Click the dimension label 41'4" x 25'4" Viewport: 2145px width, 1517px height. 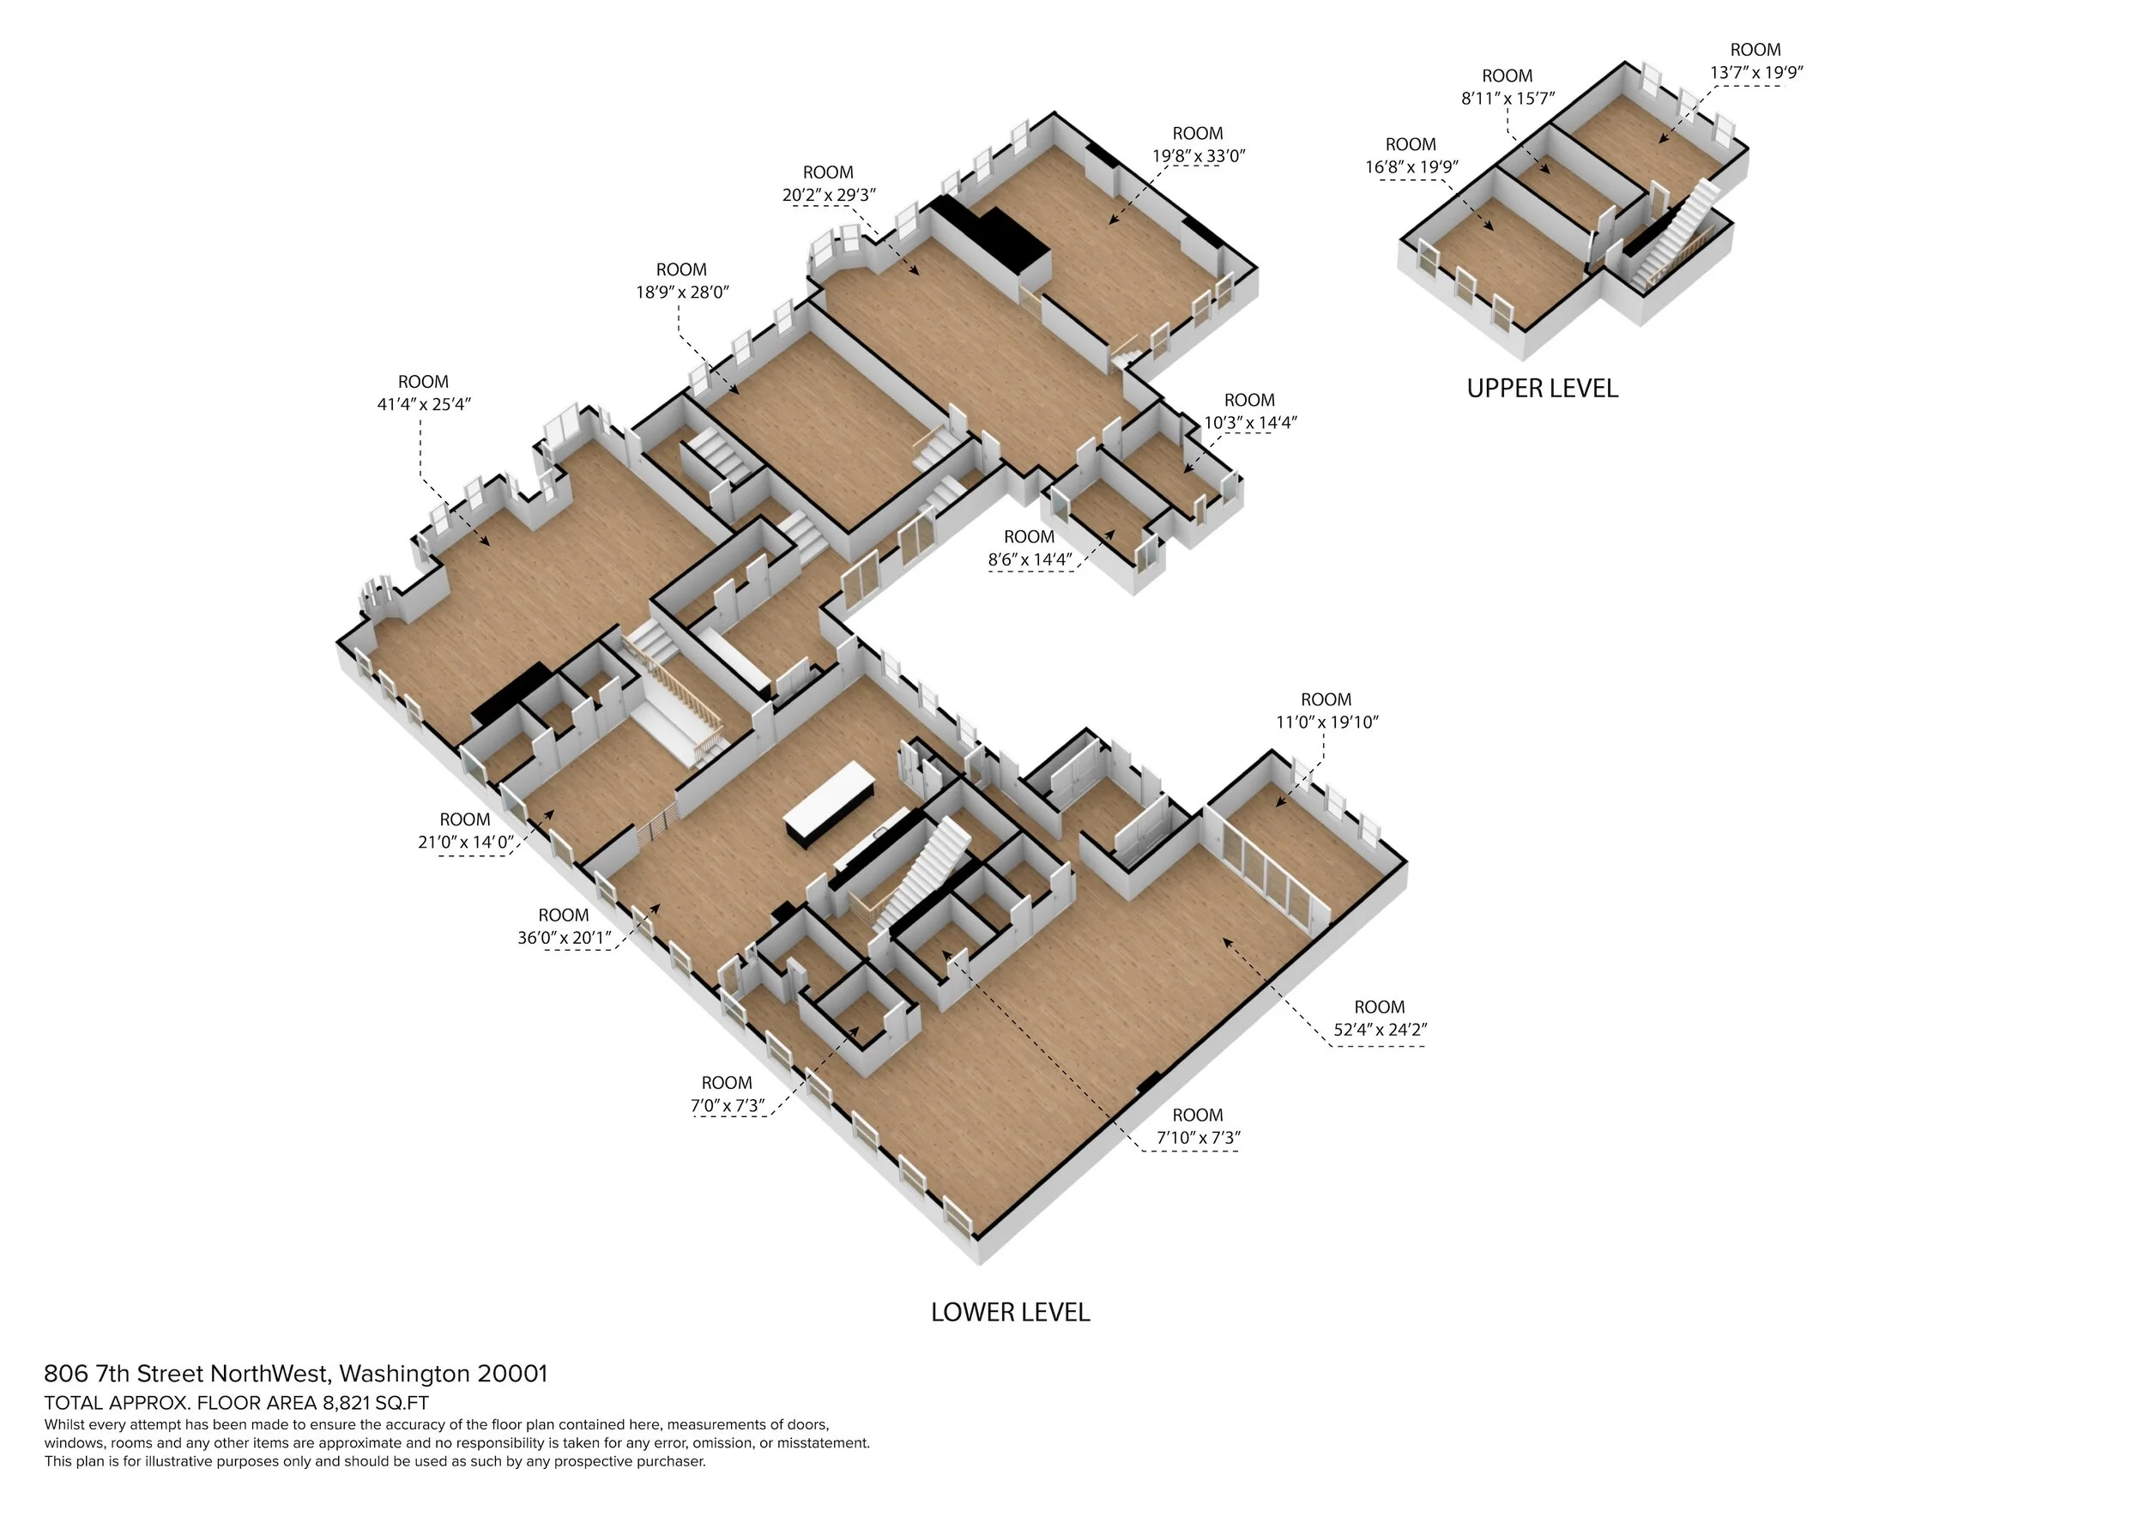click(x=423, y=404)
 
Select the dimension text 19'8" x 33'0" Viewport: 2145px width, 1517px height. click(x=1198, y=156)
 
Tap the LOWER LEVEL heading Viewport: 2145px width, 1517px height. click(x=1010, y=1313)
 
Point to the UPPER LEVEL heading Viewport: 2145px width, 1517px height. click(x=1542, y=389)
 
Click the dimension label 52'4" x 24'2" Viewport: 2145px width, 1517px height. click(x=1380, y=1030)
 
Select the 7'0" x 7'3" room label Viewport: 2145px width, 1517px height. click(x=727, y=1106)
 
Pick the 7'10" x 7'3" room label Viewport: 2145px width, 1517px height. click(x=1198, y=1138)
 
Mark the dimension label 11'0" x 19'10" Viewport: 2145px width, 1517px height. click(x=1326, y=722)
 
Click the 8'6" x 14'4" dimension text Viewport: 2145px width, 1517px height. click(x=1030, y=560)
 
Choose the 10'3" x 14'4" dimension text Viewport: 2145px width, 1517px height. click(x=1249, y=422)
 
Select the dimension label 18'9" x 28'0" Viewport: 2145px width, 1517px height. click(x=682, y=293)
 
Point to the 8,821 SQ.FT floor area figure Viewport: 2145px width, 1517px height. click(x=376, y=1403)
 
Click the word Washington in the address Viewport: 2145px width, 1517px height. click(x=403, y=1374)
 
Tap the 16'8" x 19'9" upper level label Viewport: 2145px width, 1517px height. click(x=1411, y=167)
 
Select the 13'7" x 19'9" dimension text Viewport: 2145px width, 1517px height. click(x=1755, y=72)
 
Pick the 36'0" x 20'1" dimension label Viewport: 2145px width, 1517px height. click(x=565, y=938)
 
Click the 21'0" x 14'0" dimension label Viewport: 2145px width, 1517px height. click(x=465, y=842)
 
